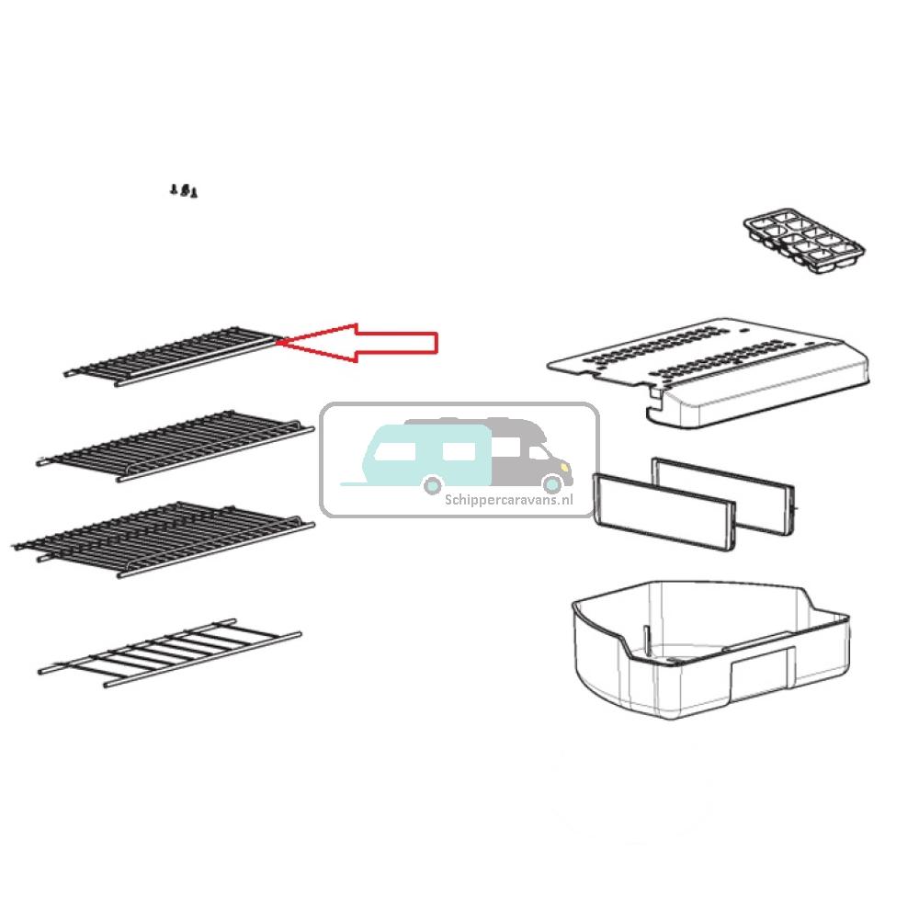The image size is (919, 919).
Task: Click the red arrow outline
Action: coord(368,342)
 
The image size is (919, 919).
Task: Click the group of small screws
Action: coord(185,190)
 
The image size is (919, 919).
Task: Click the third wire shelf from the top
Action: coord(165,539)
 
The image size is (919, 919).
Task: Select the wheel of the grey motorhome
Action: coord(551,483)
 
